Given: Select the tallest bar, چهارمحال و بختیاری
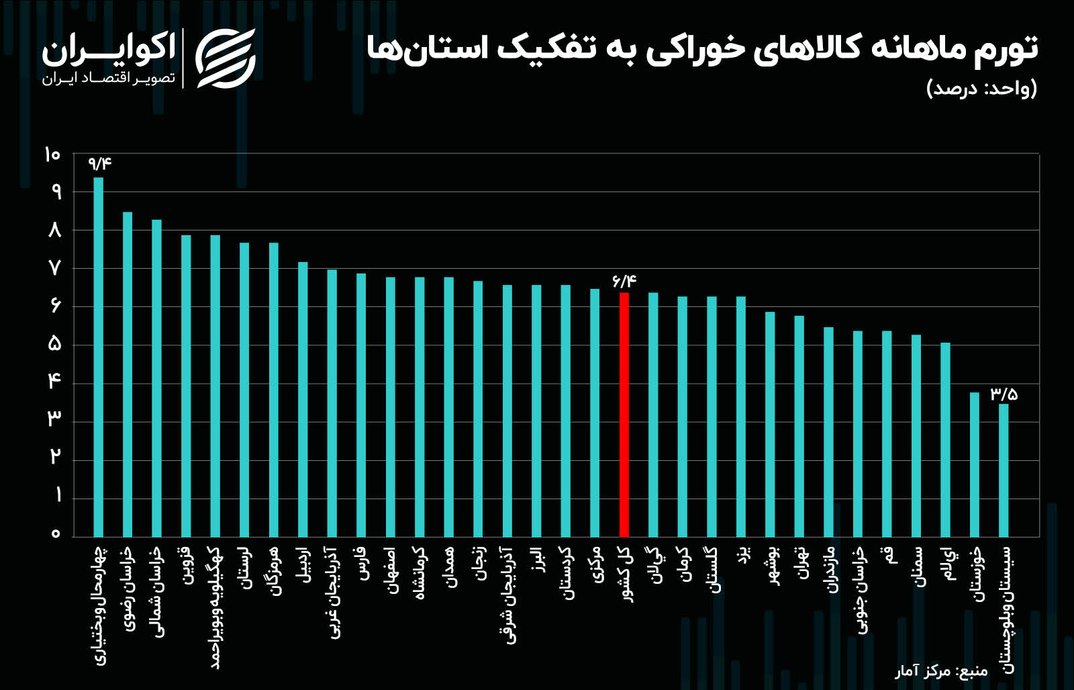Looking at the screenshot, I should pyautogui.click(x=98, y=357).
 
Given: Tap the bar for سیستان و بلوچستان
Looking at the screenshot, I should pyautogui.click(x=1004, y=470).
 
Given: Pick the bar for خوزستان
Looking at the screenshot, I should pyautogui.click(x=974, y=464).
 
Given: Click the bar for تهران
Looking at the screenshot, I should pyautogui.click(x=799, y=426).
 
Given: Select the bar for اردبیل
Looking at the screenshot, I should pyautogui.click(x=303, y=399).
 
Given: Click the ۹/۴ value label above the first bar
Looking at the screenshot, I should pyautogui.click(x=99, y=163).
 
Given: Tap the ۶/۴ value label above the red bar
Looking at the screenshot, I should pyautogui.click(x=624, y=281).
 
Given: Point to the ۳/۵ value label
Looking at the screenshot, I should pyautogui.click(x=1004, y=394).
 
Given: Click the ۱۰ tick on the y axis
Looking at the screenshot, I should pyautogui.click(x=52, y=155).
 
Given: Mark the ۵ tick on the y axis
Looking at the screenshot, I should pyautogui.click(x=54, y=345).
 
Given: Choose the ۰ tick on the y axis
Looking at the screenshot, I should pyautogui.click(x=56, y=534).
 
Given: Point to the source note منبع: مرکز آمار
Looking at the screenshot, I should pyautogui.click(x=941, y=671).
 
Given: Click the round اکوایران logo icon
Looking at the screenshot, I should pyautogui.click(x=226, y=58).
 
